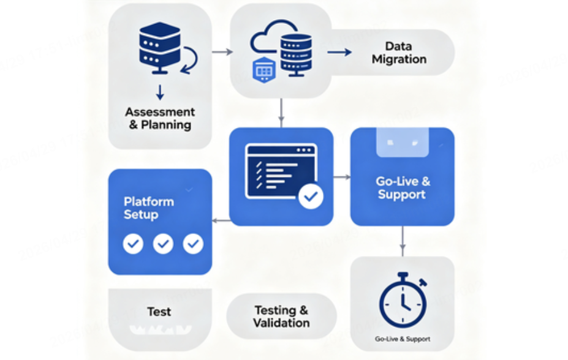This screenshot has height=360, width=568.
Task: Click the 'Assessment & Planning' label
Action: (x=160, y=118)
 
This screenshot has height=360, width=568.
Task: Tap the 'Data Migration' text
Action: (x=399, y=53)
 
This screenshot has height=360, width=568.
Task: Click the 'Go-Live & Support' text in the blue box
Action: (x=402, y=188)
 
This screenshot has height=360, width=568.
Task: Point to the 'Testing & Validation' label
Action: (x=281, y=317)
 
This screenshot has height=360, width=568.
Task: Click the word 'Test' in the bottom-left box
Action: (x=159, y=312)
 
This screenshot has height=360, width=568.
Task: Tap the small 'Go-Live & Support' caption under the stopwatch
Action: (x=402, y=339)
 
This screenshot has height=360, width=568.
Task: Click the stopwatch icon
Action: (x=403, y=299)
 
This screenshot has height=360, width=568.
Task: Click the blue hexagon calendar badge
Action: (x=264, y=70)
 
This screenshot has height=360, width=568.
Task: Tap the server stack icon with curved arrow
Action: (x=161, y=48)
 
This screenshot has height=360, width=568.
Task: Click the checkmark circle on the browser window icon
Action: (x=310, y=197)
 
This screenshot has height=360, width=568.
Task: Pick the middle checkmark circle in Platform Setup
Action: (x=163, y=244)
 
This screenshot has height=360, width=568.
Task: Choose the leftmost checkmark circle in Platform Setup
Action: (x=133, y=244)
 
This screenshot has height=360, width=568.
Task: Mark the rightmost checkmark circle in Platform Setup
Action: (x=193, y=244)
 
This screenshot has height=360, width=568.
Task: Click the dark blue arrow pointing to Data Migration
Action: (x=339, y=52)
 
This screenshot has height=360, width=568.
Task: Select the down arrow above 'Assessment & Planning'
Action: (x=160, y=92)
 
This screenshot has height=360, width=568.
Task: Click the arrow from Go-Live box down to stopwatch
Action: (x=402, y=241)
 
